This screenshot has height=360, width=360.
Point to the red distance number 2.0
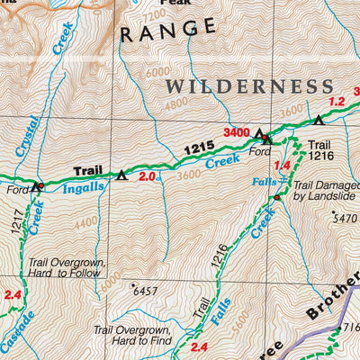[x=147, y=176]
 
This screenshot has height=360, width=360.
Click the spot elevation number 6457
[x=146, y=292]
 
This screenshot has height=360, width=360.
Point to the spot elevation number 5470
[x=344, y=218]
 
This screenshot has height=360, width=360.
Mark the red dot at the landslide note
[x=277, y=197]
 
